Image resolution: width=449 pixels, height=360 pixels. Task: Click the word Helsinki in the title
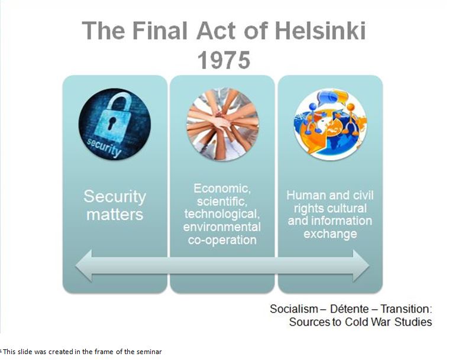point(320,31)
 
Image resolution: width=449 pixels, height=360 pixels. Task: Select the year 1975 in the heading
point(224,60)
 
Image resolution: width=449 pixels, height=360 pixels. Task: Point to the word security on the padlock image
point(104,147)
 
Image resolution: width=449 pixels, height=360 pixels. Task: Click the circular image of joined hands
point(222,124)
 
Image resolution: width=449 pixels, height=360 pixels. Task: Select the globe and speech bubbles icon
point(330,124)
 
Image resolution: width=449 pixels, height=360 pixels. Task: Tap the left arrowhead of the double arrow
point(83,265)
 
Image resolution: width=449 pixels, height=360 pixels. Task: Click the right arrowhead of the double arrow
point(361,265)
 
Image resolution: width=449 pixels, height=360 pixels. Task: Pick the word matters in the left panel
point(115,215)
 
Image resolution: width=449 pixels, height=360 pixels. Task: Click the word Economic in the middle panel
point(222,189)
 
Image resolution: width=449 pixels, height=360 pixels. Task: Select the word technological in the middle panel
point(222,214)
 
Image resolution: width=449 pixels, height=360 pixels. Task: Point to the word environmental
point(222,227)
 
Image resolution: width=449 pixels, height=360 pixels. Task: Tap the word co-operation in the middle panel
point(222,240)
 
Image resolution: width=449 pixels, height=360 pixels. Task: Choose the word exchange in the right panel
point(330,234)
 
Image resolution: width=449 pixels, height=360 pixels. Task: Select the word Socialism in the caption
point(294,309)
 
